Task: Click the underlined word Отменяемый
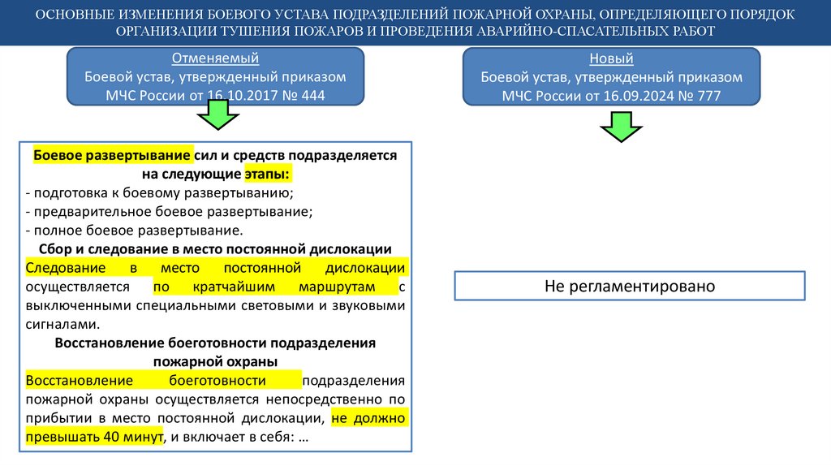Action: pos(216,58)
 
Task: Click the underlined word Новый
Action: pos(611,58)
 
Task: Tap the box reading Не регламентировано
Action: pos(629,287)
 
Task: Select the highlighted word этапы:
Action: pos(267,174)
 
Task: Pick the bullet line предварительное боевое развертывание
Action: pos(169,211)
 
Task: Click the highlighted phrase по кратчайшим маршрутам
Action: pos(274,287)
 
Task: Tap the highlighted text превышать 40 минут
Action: pos(94,437)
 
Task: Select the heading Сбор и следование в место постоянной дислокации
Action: pos(215,248)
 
